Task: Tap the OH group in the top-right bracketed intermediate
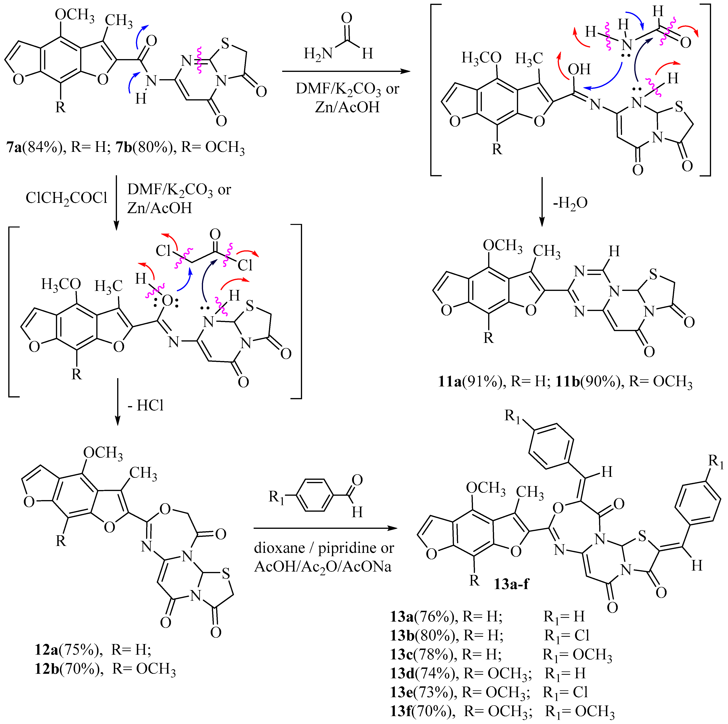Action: tap(579, 69)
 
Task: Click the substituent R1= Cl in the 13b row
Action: tap(566, 636)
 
